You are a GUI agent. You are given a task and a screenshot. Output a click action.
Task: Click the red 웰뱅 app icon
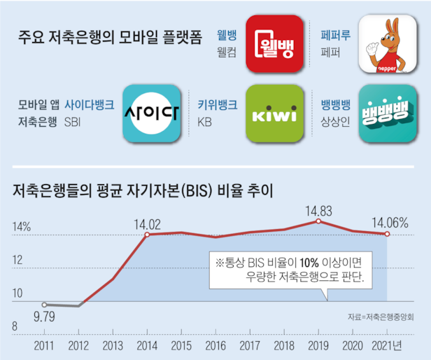pos(275,43)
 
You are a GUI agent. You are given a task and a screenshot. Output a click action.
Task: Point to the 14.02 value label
pos(148,225)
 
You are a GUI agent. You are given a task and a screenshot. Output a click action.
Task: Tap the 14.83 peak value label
pos(318,210)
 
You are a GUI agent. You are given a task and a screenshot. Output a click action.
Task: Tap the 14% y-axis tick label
pos(21,227)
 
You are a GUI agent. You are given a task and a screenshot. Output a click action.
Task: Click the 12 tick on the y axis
pos(18,260)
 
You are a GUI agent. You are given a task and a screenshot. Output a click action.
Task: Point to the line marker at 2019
pos(318,221)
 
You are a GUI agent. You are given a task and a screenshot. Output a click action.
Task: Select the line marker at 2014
pos(147,234)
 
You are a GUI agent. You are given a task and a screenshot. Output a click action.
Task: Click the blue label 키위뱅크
pos(218,105)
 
